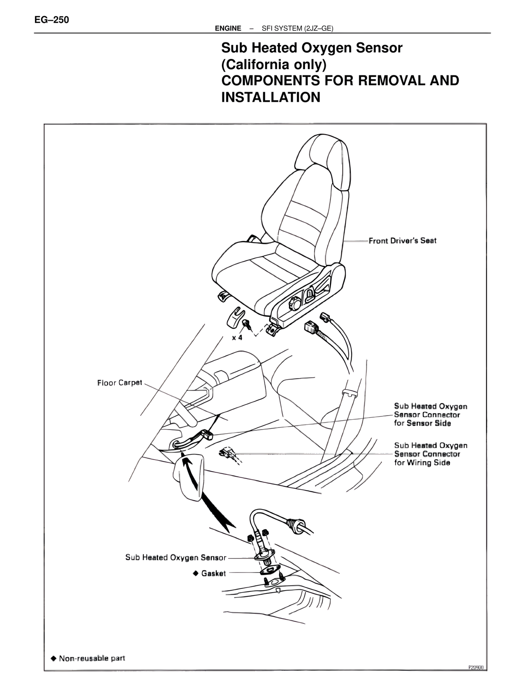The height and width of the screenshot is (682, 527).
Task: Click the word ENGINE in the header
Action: pyautogui.click(x=228, y=28)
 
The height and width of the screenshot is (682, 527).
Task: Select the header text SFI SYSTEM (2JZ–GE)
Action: pyautogui.click(x=297, y=28)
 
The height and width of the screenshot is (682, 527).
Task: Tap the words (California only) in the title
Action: pyautogui.click(x=274, y=65)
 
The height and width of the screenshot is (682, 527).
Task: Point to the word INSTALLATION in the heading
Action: pyautogui.click(x=270, y=98)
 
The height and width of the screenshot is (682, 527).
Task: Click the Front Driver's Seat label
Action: pyautogui.click(x=402, y=241)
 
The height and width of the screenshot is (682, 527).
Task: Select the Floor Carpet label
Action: pyautogui.click(x=119, y=383)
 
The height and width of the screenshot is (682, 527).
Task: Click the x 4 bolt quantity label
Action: pyautogui.click(x=237, y=337)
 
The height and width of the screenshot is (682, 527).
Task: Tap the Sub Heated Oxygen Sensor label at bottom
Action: pyautogui.click(x=176, y=558)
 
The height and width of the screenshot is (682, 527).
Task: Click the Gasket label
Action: pyautogui.click(x=213, y=573)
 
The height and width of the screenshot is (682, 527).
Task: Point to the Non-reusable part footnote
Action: pyautogui.click(x=91, y=658)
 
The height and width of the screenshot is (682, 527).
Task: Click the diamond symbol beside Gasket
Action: pyautogui.click(x=196, y=573)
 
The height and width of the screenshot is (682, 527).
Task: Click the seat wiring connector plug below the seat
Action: pyautogui.click(x=310, y=328)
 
